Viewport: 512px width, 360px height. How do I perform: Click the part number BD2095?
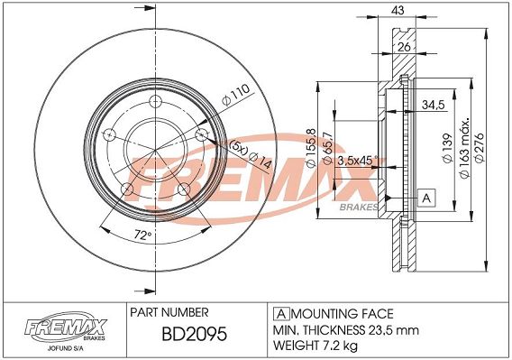coord(194,334)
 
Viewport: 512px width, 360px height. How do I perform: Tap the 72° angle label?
coord(143,235)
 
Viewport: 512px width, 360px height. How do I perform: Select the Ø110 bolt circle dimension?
coord(235,95)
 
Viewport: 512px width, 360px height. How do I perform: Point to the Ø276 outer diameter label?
coord(480,147)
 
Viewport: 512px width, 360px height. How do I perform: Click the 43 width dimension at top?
coord(398,11)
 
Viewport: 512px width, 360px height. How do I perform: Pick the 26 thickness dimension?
coord(404,47)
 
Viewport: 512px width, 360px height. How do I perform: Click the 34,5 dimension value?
coord(434,105)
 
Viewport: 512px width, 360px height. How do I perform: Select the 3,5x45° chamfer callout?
coord(357,161)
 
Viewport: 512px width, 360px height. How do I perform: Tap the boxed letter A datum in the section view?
coord(426,198)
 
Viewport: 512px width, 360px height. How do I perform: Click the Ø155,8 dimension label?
coord(311,148)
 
